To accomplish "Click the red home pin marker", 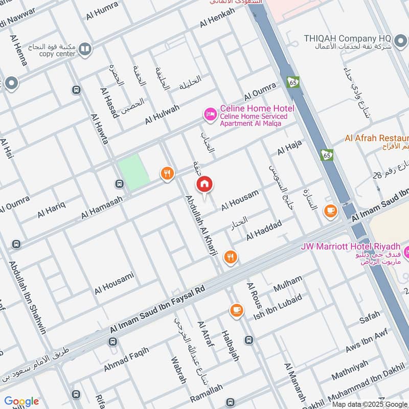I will (x=204, y=185).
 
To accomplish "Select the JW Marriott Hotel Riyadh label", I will (x=349, y=246).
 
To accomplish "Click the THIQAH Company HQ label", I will (x=347, y=38).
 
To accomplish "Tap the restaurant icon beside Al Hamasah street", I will (x=167, y=174).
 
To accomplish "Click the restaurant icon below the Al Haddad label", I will (x=231, y=258).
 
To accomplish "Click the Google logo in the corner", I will (x=21, y=401).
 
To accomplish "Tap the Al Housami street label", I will (x=114, y=283).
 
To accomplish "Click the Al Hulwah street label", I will (x=162, y=114).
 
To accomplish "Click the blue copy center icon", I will (x=85, y=49).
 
